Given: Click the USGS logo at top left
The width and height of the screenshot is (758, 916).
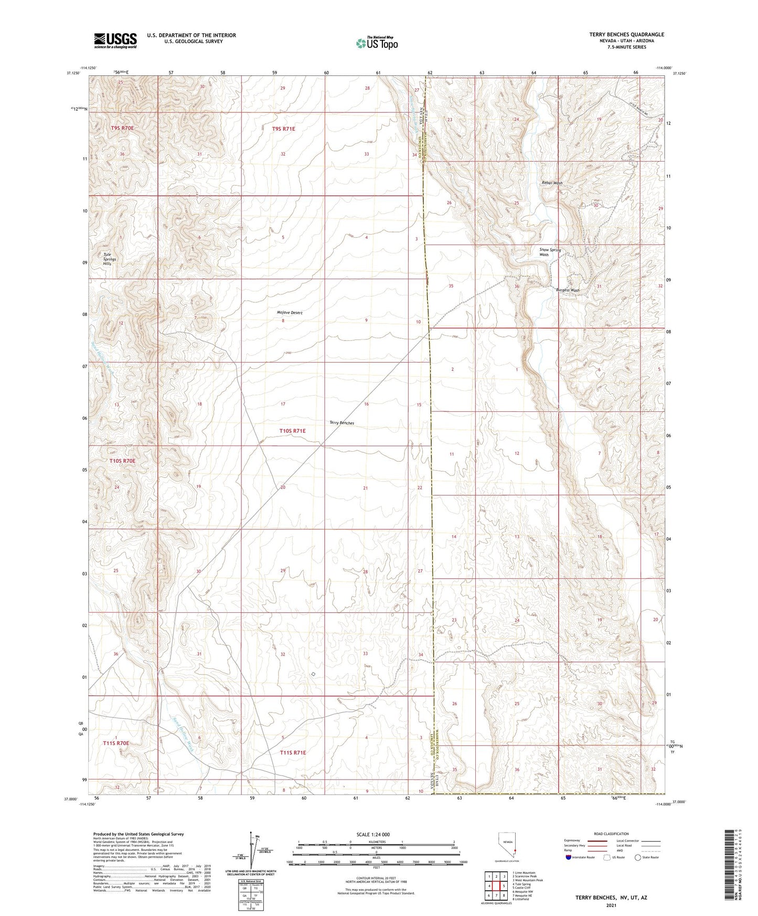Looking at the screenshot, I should coord(115,40).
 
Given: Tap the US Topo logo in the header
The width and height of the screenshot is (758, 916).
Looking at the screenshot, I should coord(377,43).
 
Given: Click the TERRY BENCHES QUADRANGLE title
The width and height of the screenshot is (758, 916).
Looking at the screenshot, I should coord(626,35).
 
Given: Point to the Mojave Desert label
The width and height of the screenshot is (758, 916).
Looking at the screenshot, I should coord(290,313).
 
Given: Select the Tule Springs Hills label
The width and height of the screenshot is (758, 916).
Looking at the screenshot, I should coord(110,259).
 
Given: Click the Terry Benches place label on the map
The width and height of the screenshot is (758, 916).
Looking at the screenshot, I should coord(341,423).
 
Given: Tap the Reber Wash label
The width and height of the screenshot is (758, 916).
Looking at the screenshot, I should coord(552,183).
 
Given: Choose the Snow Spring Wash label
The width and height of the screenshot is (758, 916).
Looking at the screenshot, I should coord(550,252).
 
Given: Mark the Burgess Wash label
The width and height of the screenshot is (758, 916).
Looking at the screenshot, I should coord(568,290).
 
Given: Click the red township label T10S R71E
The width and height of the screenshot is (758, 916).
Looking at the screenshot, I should coord(292,431).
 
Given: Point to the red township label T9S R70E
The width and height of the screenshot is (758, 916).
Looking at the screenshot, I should coord(122,128).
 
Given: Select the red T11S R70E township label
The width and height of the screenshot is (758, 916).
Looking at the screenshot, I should coord(116,743).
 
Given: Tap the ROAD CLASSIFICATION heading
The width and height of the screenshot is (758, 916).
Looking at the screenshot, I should coord(611,834).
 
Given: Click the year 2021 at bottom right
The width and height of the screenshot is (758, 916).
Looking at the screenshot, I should coord(611,906).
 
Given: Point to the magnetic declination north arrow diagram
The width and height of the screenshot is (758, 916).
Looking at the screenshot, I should coord(254,853).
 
